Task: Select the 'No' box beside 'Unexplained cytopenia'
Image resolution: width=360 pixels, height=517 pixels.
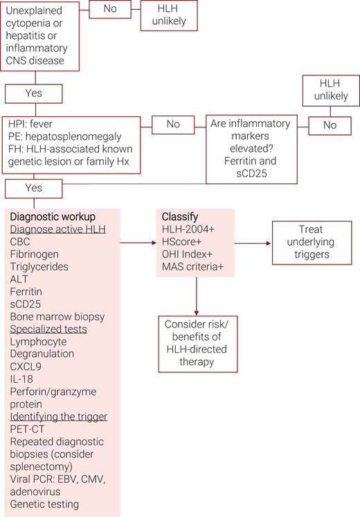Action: point(110,8)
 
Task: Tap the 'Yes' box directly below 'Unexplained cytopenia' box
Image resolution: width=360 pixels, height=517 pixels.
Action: point(33,93)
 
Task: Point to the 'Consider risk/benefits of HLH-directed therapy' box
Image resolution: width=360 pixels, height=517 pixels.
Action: point(197,343)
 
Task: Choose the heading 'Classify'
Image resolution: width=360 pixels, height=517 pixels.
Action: point(179,217)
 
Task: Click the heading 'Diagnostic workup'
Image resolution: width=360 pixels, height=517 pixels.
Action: point(53,216)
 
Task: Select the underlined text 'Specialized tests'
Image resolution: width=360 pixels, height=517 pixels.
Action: point(48,329)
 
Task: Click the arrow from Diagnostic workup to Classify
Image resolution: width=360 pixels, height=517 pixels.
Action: point(138,243)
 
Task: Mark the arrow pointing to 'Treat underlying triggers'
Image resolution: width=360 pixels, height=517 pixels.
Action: point(252,243)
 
